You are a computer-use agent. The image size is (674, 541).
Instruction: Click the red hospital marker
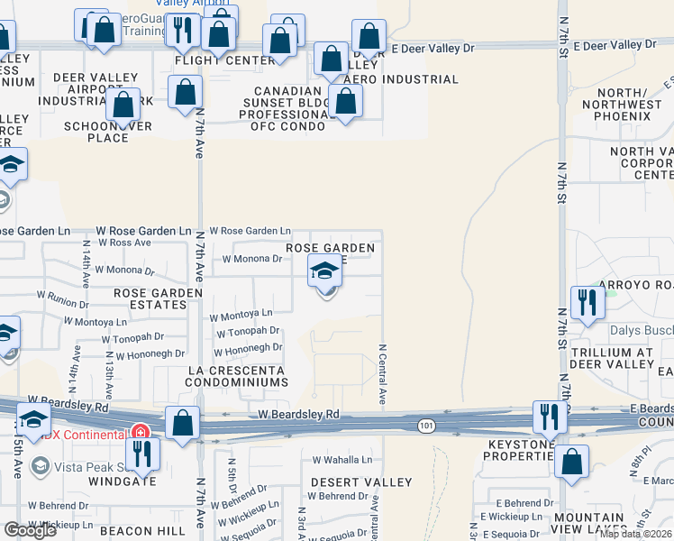(x=140, y=434)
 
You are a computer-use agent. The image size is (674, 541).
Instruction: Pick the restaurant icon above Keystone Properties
(x=548, y=416)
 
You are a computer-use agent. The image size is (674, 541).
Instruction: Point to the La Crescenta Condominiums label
(x=237, y=376)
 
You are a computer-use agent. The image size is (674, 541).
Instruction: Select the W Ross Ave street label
(x=124, y=243)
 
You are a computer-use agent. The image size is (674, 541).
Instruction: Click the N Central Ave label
(x=382, y=372)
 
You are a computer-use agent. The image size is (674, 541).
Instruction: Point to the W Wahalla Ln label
(x=341, y=460)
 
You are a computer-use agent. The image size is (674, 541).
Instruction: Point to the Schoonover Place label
(x=108, y=132)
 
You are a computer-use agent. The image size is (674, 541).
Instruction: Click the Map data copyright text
(x=635, y=534)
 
